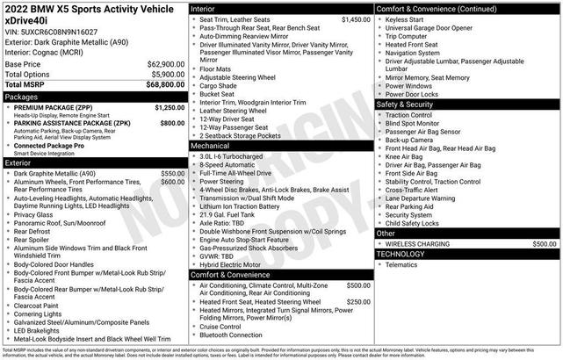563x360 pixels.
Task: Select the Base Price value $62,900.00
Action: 166,64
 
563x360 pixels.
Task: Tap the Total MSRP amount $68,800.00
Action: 164,84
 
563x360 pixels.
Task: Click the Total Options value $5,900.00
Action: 168,75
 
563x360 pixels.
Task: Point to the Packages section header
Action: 22,97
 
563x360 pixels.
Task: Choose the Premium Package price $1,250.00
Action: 170,107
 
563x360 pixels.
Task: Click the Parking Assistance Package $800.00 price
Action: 172,124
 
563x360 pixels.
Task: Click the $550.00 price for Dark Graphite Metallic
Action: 173,174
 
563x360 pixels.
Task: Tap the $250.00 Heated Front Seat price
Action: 358,302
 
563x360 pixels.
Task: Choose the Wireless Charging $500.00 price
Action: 544,243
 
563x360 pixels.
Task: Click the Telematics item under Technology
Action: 401,263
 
